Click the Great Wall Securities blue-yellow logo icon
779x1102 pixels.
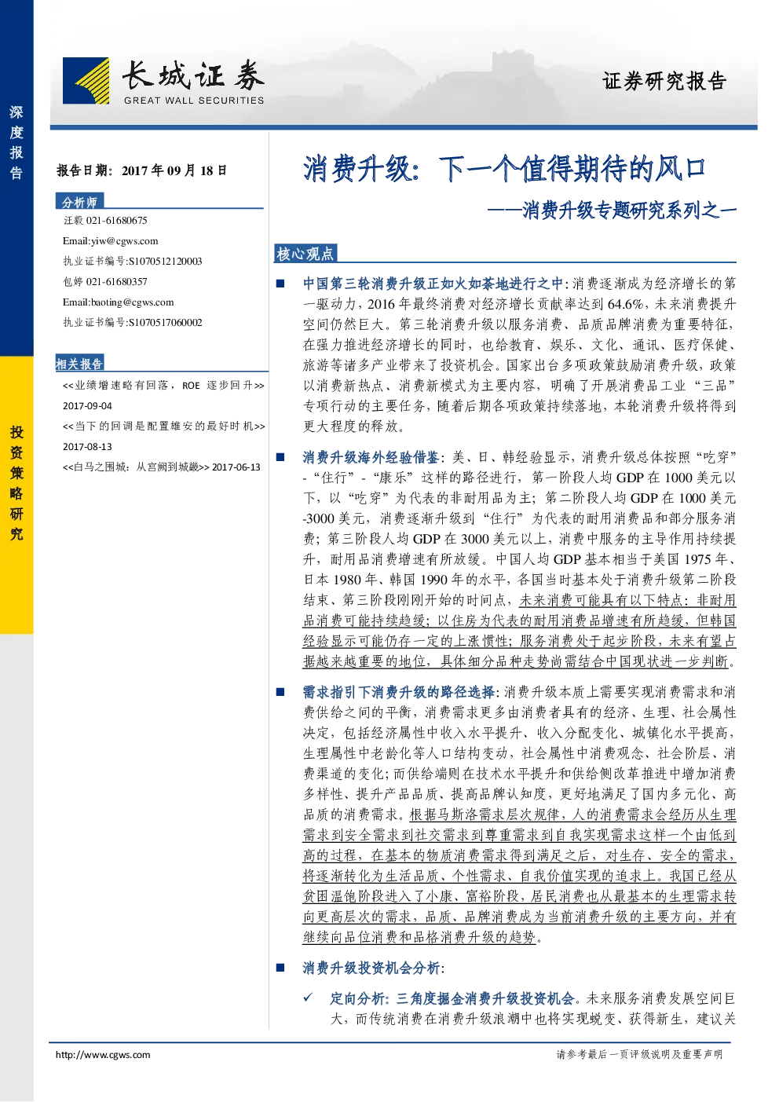86,81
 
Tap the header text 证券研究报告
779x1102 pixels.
664,81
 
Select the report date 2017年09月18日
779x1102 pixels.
174,170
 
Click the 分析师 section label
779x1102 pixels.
79,202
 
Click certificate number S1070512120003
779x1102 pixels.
165,262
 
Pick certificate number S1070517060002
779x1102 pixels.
165,322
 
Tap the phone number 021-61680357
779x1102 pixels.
116,282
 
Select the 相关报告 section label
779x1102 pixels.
79,364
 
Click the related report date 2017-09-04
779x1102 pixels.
87,406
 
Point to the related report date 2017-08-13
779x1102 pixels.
87,447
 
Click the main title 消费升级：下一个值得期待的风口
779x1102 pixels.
504,169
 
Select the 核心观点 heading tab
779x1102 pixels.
305,254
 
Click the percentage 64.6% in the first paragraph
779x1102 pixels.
630,304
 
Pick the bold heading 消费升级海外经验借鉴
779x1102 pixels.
371,457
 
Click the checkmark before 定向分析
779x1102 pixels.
308,998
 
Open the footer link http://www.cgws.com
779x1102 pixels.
103,1054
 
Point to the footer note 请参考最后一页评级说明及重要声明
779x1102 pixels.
639,1054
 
